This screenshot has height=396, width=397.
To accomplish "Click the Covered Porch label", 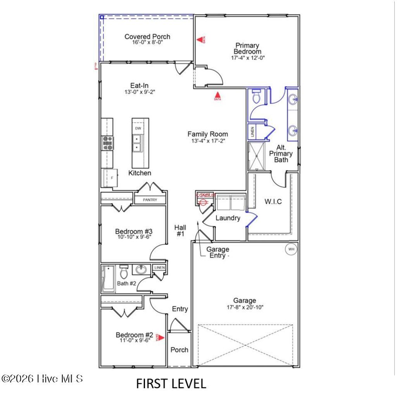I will (x=147, y=36).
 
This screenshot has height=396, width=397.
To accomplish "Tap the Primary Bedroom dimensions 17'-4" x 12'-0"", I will (x=248, y=57).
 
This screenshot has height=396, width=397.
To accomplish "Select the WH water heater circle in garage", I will (x=290, y=249).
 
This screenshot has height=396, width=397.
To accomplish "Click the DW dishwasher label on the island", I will (x=138, y=128).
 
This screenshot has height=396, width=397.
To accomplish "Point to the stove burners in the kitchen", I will (x=107, y=143).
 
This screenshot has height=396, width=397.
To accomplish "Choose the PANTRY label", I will (x=150, y=200).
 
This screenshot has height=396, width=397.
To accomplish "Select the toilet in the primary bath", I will (x=255, y=97).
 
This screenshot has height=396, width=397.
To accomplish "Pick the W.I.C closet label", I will (x=273, y=202).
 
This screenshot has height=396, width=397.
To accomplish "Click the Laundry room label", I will (x=228, y=218).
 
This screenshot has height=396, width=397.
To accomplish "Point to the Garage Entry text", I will (x=217, y=252).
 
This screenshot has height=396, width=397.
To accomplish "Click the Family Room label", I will (x=207, y=134).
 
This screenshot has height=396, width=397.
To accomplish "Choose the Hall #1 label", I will (x=180, y=230).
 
